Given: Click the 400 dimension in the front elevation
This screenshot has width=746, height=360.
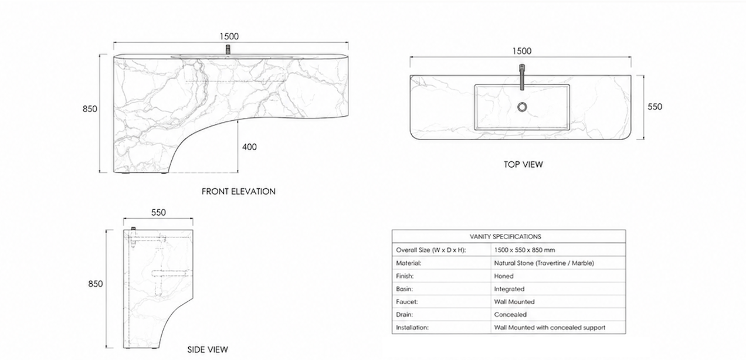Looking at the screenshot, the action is (x=249, y=147).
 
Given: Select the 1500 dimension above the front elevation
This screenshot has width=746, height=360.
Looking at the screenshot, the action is (x=229, y=36).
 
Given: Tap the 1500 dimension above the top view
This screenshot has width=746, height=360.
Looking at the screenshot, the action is (x=521, y=51).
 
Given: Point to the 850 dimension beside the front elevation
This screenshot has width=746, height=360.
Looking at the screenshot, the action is (x=90, y=109).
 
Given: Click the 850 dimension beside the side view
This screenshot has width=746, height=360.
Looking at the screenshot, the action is (x=95, y=284).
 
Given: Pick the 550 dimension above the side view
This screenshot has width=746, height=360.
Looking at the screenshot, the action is (x=158, y=212).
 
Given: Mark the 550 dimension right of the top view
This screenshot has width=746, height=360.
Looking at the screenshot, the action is (x=655, y=107).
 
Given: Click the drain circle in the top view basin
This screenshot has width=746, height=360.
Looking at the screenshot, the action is (x=522, y=107).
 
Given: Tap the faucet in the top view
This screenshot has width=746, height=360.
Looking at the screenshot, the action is (x=522, y=77).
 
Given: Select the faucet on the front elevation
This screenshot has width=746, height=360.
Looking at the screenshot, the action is (x=229, y=50).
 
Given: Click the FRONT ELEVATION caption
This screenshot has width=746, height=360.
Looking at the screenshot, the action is (x=239, y=192).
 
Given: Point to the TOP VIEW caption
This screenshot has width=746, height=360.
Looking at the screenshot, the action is (x=523, y=165).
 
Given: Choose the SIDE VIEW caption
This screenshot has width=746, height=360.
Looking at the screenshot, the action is (x=208, y=349).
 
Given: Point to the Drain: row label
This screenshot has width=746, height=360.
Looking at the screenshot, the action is (x=404, y=314).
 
